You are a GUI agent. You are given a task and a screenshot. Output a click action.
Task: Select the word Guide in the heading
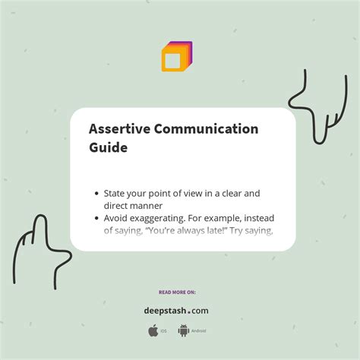[x=108, y=147]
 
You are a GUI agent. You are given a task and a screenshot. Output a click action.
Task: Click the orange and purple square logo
[x=176, y=57]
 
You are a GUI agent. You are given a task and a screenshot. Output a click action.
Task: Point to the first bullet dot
[x=96, y=194]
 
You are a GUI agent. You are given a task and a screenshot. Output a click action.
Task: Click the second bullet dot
[x=96, y=219]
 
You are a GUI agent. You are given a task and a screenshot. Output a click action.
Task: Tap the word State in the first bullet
[x=116, y=194]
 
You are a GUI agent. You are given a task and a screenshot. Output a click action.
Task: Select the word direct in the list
[x=118, y=206]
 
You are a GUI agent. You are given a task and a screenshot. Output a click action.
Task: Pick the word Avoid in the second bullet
[x=117, y=218]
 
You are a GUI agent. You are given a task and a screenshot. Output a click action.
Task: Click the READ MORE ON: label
[x=176, y=292]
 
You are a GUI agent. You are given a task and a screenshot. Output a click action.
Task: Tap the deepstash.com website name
[x=176, y=310]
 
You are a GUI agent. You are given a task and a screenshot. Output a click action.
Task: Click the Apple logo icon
[x=153, y=330]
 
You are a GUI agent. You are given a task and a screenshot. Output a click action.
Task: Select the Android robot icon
[x=183, y=330]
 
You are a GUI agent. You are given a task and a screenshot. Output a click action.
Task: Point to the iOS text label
[x=164, y=331]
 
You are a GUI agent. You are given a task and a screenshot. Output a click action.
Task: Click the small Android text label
[x=198, y=331]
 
